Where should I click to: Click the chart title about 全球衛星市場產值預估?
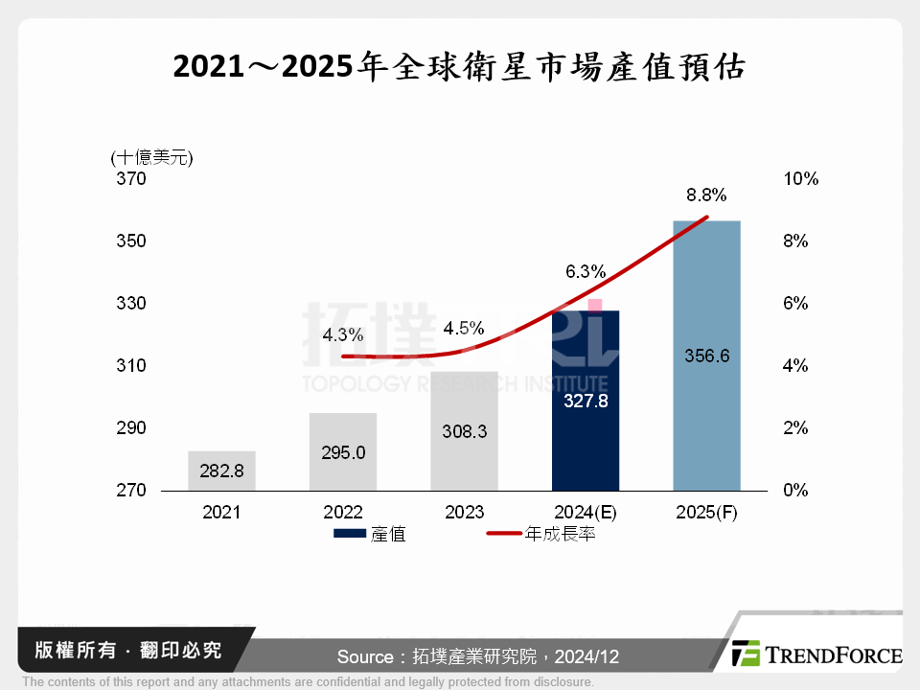click(459, 68)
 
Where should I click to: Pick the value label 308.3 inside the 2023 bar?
click(465, 431)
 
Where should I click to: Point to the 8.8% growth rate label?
click(706, 195)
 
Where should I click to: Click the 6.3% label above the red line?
click(585, 271)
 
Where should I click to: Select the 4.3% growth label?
click(342, 335)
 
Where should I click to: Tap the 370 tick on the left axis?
click(132, 179)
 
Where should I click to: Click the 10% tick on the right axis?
click(800, 179)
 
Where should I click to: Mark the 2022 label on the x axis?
click(343, 513)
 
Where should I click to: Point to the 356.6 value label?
click(707, 356)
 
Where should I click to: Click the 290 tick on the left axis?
click(132, 428)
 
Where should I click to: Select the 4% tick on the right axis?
click(796, 366)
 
